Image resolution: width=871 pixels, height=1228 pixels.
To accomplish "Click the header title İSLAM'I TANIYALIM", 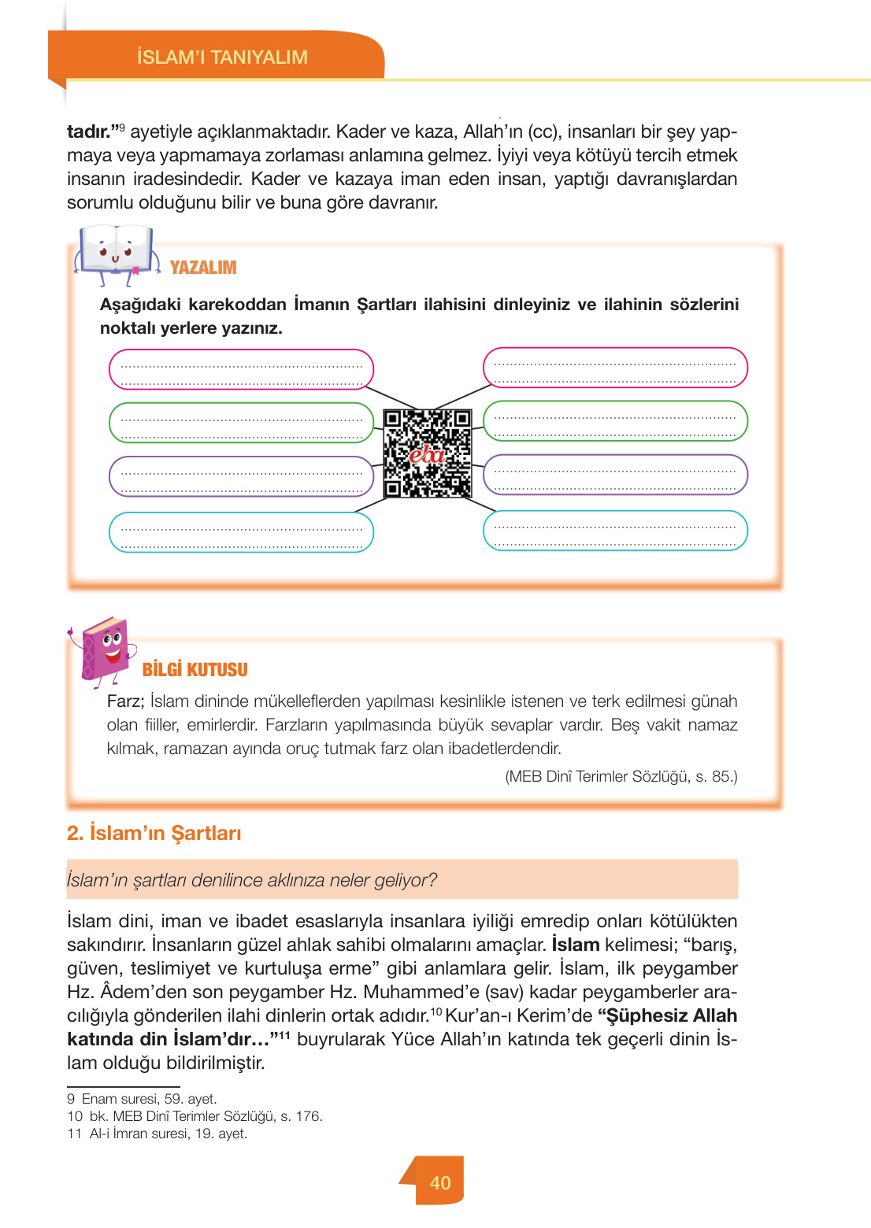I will (x=222, y=57).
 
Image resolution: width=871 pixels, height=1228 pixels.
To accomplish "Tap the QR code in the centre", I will (x=428, y=453).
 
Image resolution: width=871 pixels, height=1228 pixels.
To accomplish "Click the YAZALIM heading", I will (x=203, y=268).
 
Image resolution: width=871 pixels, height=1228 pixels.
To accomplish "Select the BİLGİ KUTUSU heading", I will (x=195, y=670).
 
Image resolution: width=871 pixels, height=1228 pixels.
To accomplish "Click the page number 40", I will (x=440, y=1182).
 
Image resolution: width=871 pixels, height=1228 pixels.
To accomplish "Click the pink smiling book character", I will (x=106, y=649).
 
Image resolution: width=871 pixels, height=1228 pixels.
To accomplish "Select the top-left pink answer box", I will (x=241, y=369).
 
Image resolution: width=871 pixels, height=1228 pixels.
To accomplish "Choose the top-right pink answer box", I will (x=615, y=368).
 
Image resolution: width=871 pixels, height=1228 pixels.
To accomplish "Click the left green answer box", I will (x=241, y=423).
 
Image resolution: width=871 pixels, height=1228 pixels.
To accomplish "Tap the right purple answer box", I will (x=615, y=475).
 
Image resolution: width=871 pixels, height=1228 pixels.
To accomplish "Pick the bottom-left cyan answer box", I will (x=241, y=532).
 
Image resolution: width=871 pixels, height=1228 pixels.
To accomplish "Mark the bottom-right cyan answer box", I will (x=615, y=531).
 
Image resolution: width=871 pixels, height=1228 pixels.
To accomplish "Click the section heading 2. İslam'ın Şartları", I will (x=154, y=833).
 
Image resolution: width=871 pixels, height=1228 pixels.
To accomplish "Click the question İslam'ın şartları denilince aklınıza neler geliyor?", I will (x=252, y=880).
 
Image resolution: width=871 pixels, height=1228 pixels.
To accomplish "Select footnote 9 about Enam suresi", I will (x=142, y=1099).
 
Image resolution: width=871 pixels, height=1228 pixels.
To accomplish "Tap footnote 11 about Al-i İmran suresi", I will (x=158, y=1134).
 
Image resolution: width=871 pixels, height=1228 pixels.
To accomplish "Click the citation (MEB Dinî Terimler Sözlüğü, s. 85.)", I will (x=621, y=777).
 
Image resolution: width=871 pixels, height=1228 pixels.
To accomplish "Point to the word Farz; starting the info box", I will (x=125, y=701).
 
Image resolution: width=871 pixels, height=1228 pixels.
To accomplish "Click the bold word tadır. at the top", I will (x=93, y=131).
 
